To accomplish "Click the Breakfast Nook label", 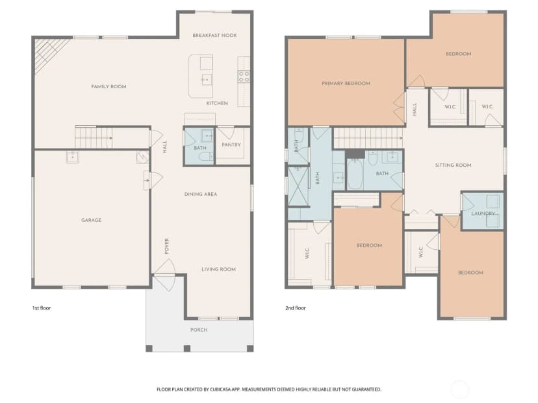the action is (214, 35).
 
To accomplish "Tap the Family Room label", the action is (109, 87).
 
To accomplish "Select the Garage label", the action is (91, 220).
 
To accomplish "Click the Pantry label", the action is (231, 145).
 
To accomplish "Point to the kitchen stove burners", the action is (244, 77).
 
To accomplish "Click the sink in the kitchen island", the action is (206, 80).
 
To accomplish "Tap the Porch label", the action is (199, 330).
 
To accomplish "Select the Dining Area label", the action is (201, 194).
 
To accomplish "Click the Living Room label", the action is (218, 269).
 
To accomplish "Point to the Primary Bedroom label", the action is (346, 83).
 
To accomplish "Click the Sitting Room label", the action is (454, 165).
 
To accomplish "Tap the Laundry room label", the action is (484, 214).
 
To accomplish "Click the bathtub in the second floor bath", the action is (355, 174).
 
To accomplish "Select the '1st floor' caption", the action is (42, 308).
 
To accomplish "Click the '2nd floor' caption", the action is (296, 308).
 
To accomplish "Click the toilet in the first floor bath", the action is (206, 157).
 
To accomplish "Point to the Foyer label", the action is (167, 246).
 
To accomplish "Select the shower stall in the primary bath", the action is (297, 186).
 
